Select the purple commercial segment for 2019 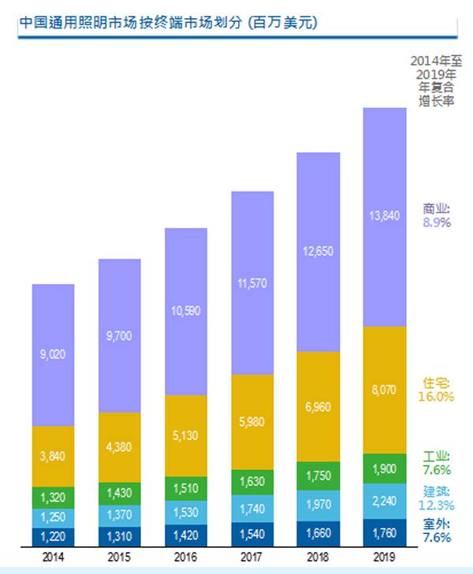[384, 217]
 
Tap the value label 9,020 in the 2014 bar [54, 356]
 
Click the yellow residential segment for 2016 [185, 435]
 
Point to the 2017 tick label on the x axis [251, 557]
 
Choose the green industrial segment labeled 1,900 [384, 468]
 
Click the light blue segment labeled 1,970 [318, 505]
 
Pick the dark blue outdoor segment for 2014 [54, 536]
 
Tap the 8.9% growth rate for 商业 [436, 223]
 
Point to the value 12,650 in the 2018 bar [318, 252]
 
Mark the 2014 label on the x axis [54, 557]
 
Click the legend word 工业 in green [436, 457]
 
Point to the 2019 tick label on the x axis [384, 557]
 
